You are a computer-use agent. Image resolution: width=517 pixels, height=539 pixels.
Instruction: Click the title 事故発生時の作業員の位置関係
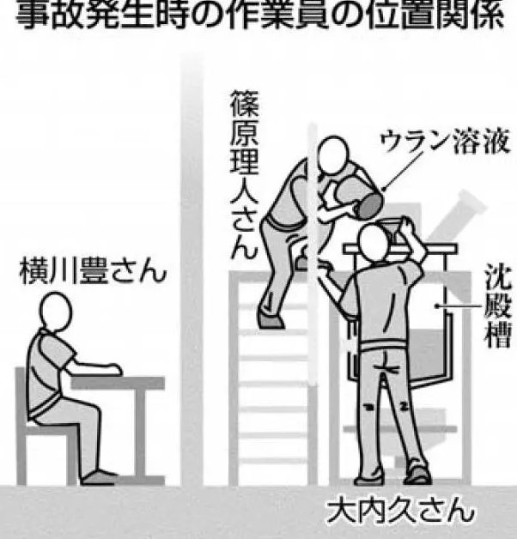[x=259, y=15]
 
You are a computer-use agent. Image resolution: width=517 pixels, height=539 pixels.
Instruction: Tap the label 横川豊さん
[x=93, y=271]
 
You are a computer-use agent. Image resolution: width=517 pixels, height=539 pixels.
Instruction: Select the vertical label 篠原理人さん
[x=244, y=174]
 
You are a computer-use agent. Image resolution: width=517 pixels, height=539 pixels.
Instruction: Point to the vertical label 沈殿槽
[x=497, y=306]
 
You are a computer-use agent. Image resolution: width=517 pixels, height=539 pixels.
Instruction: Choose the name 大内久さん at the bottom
[x=400, y=512]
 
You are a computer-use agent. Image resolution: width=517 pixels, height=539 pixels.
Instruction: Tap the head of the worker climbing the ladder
[x=332, y=155]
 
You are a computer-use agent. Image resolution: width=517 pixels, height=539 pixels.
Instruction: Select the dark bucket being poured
[x=369, y=206]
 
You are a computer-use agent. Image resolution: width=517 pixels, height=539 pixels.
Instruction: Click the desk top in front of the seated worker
[x=118, y=383]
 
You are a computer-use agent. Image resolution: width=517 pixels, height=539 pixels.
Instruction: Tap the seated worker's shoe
[x=99, y=477]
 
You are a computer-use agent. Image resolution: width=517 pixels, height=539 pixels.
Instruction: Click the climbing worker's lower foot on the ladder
[x=271, y=320]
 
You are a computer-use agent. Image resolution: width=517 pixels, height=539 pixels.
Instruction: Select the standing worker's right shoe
[x=417, y=475]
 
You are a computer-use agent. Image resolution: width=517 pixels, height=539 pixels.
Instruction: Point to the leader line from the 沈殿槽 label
[x=459, y=306]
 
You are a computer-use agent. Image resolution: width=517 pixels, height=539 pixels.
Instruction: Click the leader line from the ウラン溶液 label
[x=403, y=171]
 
